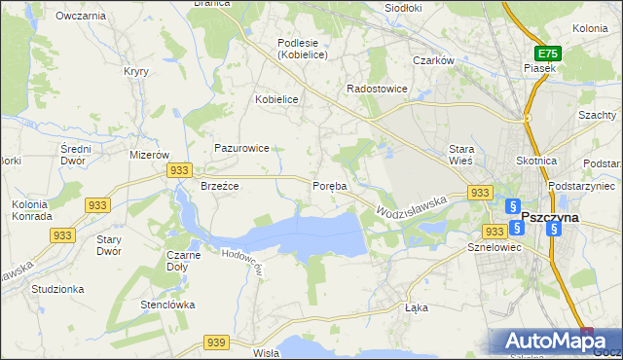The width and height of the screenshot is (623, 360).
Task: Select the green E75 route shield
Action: click(x=547, y=54)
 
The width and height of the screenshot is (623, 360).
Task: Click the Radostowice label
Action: click(x=377, y=89)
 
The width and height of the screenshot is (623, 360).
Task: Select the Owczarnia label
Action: click(x=81, y=17)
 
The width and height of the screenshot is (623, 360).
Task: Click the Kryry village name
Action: click(x=135, y=71)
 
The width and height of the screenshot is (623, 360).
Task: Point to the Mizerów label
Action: click(x=150, y=155)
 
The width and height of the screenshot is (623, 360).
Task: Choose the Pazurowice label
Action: click(x=242, y=148)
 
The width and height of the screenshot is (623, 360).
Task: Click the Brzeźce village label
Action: click(x=219, y=186)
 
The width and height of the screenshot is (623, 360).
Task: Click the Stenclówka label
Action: click(x=167, y=305)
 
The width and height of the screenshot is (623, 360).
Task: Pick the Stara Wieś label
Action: click(x=460, y=154)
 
